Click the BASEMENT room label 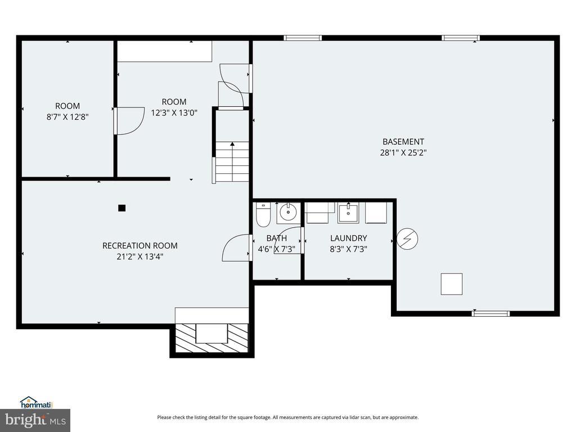[403, 142]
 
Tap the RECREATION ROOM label [140, 246]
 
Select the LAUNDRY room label [348, 238]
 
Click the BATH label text [277, 238]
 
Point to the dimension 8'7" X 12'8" [67, 117]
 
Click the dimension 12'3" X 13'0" [174, 112]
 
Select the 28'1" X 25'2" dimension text [403, 152]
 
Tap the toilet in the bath [263, 214]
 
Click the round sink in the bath [289, 213]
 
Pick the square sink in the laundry [348, 213]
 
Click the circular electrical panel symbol [407, 238]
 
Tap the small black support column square [122, 208]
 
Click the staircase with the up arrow [232, 162]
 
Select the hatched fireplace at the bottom [212, 338]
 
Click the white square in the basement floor [452, 284]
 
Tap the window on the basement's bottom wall [490, 313]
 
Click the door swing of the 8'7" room [129, 121]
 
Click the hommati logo [37, 403]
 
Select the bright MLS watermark [35, 420]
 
